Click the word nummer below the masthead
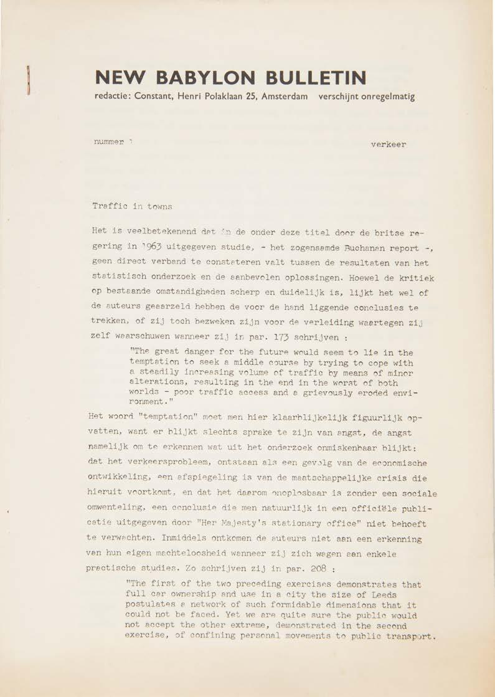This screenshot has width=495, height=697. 109,141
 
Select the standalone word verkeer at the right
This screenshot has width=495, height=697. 388,145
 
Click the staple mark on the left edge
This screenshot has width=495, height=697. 28,79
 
